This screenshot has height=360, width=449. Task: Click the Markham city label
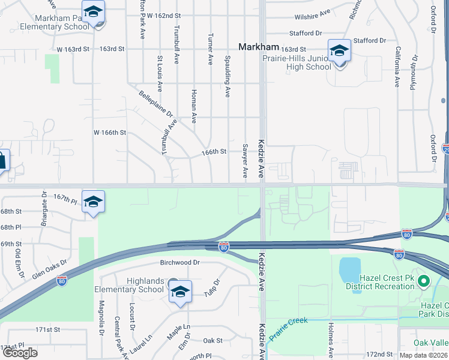click(x=259, y=47)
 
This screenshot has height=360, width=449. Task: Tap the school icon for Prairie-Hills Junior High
click(x=339, y=51)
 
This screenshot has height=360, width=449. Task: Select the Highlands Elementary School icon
click(x=180, y=292)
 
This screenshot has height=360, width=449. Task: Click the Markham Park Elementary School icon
click(x=93, y=13)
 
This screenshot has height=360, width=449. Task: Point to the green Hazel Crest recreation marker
click(x=424, y=280)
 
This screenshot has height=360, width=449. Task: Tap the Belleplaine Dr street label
click(x=155, y=104)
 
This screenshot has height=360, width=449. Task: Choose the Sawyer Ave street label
click(x=245, y=160)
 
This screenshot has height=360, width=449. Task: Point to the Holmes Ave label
click(x=331, y=340)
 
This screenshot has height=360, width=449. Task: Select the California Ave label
click(x=397, y=67)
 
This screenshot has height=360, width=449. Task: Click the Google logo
click(x=20, y=352)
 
